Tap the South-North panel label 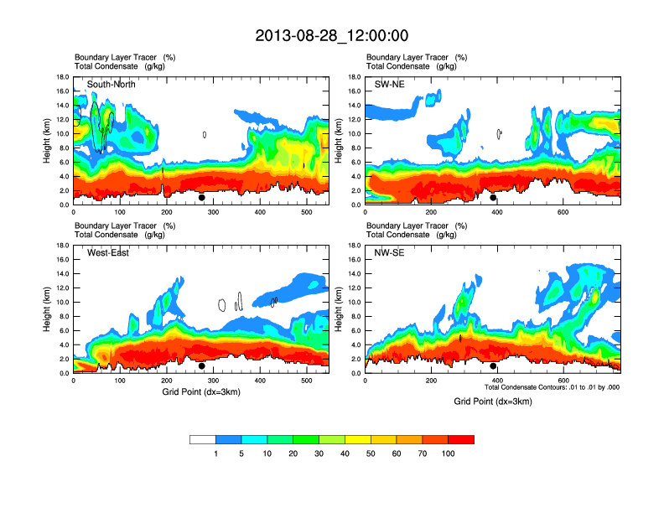(x=112, y=84)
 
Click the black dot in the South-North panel (x=201, y=198)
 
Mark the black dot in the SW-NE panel (x=493, y=198)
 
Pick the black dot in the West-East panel (x=201, y=366)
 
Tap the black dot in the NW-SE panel (x=493, y=366)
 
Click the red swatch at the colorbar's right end (x=461, y=439)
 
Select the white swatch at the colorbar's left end (x=203, y=439)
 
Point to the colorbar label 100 (x=449, y=453)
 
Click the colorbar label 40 (x=345, y=453)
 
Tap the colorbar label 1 (x=215, y=453)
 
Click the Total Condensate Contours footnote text (x=552, y=387)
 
